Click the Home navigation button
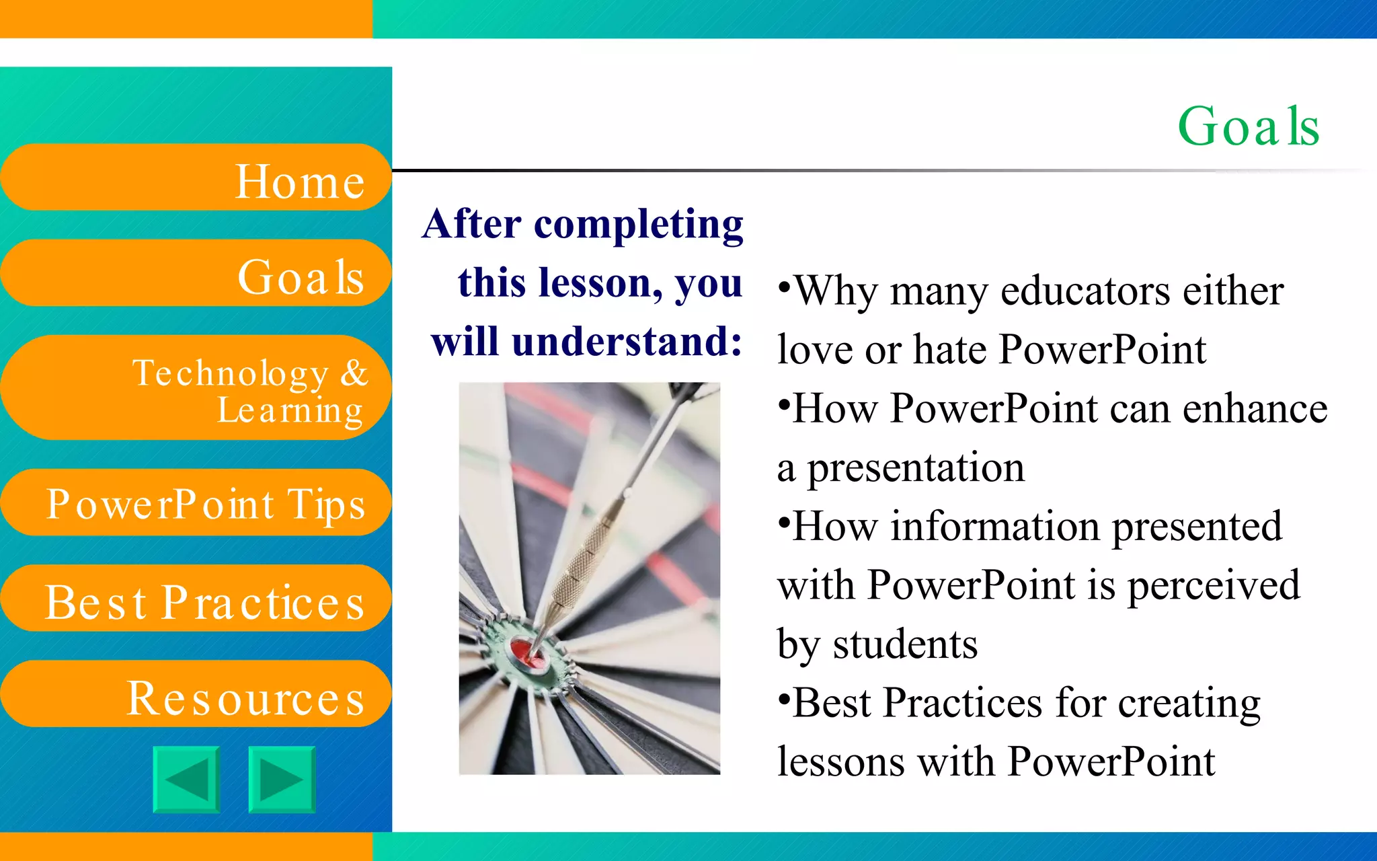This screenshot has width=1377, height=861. coord(195,178)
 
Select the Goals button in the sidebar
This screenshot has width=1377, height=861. coord(195,274)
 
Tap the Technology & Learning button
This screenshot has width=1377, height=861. coord(195,388)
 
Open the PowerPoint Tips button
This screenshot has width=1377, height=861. coord(195,503)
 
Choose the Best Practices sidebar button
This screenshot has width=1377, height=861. coord(195,599)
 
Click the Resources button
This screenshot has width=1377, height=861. coord(195,695)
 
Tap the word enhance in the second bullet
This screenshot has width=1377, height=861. coord(1255,409)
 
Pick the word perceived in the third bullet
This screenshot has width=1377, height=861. coord(1213,585)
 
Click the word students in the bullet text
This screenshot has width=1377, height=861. coord(905,644)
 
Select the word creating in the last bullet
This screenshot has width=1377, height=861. coord(1189,704)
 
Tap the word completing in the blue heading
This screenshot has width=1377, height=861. coord(638,225)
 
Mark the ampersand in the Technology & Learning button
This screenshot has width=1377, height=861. coord(354,373)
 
